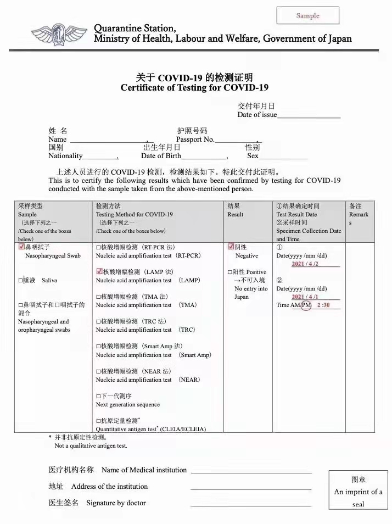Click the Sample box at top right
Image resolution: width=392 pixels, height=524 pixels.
coord(307,15)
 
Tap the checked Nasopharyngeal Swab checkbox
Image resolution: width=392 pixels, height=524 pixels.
coord(21,247)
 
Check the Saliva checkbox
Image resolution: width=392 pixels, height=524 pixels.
coord(21,281)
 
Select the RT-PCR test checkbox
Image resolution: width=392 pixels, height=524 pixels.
coord(99,248)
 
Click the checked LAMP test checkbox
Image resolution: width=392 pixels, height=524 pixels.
coord(99,272)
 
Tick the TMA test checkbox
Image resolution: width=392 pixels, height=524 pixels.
coord(99,297)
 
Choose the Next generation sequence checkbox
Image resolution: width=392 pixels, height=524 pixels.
coord(99,397)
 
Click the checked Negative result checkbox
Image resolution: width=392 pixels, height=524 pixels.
coord(231,247)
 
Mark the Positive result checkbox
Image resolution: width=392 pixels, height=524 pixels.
coord(231,272)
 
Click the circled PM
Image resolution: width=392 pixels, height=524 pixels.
coord(306,305)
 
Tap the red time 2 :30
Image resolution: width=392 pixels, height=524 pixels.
coord(323,305)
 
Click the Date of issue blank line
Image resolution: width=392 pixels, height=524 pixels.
coord(309,116)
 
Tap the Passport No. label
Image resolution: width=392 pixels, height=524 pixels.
coord(195,140)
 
